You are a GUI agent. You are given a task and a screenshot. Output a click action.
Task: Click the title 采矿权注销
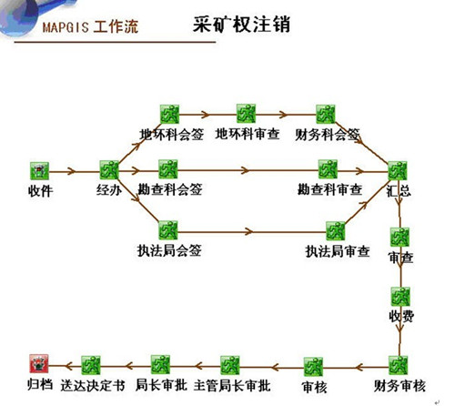pos(244,24)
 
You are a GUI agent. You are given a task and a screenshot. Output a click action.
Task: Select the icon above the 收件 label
pos(38,169)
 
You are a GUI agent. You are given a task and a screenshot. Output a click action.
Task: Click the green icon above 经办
pos(109,169)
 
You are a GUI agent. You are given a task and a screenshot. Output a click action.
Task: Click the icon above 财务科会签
pos(327,114)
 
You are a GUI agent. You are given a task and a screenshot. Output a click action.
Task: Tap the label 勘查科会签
pos(169,190)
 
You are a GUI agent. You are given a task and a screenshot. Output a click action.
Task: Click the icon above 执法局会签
pos(168,228)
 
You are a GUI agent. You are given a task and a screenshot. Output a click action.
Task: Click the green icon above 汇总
pos(398,170)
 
